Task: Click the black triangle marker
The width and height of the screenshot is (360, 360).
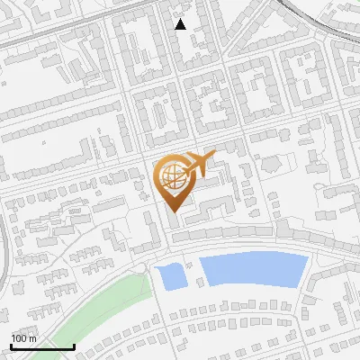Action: tap(181, 24)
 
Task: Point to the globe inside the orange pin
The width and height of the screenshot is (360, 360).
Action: tap(172, 177)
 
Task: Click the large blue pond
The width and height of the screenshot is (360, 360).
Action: tap(252, 269)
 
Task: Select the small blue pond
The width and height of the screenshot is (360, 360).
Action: tap(170, 277)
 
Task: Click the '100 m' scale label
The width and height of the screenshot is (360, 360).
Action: tap(24, 337)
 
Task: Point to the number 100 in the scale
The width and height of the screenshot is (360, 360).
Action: tap(20, 337)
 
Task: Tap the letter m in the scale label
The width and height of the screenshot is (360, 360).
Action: tap(33, 337)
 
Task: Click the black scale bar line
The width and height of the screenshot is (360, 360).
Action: tap(41, 346)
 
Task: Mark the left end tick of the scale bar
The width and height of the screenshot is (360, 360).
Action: tap(10, 345)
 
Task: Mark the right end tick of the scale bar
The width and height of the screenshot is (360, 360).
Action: tap(74, 345)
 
